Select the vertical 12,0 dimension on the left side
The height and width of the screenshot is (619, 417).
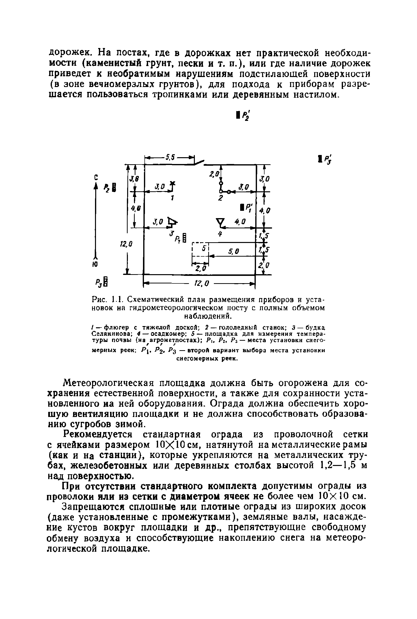[126, 244]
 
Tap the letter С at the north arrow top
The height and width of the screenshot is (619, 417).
[96, 177]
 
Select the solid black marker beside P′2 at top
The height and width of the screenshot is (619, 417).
[237, 115]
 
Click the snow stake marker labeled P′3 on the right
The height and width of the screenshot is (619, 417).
[320, 159]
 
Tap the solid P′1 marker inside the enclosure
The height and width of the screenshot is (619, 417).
[242, 207]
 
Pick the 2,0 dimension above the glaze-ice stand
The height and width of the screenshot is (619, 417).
[214, 174]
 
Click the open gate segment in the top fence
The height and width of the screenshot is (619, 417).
[199, 162]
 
